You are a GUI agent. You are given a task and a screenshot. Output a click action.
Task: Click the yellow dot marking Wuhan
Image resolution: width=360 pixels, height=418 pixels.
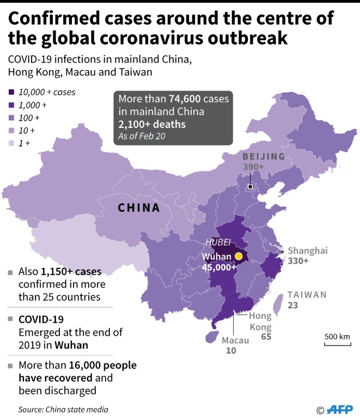point(238,256)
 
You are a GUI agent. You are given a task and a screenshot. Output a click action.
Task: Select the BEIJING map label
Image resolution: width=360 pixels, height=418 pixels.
point(264,157)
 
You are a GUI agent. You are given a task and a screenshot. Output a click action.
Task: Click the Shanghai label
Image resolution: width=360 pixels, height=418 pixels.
point(308,250)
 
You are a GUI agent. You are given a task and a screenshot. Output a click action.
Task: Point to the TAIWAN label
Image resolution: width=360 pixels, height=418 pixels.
point(307,294)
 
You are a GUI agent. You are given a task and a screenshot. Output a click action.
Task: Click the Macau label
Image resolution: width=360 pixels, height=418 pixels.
point(235,340)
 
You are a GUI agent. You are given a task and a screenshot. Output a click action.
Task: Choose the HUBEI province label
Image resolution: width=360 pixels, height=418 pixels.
point(218,242)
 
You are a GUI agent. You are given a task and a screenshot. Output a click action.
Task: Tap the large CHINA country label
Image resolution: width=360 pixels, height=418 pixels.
point(139,208)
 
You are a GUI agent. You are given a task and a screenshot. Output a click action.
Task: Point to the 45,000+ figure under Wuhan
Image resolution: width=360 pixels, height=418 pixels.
point(218,267)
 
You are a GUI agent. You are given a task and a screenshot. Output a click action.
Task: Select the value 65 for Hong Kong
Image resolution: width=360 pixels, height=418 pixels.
point(266,337)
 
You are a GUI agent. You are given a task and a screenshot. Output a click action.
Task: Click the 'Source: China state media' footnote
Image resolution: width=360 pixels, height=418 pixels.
point(63,409)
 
